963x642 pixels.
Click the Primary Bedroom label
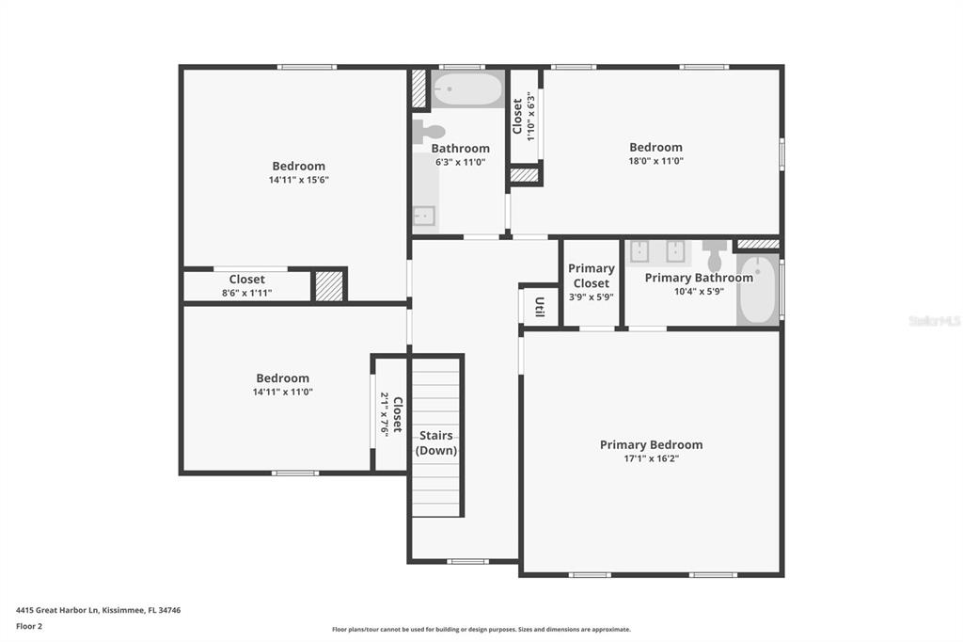(651, 444)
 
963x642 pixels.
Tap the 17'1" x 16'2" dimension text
(651, 458)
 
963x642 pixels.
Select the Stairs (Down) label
(436, 442)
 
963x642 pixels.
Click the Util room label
(539, 307)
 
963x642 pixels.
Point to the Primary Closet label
(591, 276)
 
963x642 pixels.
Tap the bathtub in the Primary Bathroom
(758, 290)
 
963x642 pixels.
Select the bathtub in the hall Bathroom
(467, 89)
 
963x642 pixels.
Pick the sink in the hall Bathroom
(424, 216)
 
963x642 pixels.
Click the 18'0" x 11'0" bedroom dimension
(655, 161)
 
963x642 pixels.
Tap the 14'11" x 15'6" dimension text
(298, 180)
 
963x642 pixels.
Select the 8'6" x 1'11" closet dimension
(247, 294)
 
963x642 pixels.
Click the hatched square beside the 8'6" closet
(329, 286)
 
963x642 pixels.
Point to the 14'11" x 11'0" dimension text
(282, 392)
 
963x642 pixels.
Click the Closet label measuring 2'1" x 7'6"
(398, 414)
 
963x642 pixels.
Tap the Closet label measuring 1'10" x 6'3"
(517, 116)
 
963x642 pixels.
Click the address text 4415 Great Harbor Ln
(57, 611)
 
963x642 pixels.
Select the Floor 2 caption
(29, 627)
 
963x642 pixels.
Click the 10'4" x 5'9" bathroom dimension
(699, 292)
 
